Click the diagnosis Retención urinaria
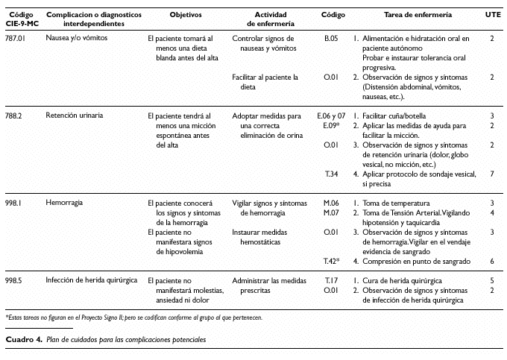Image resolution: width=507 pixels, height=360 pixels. point(74,116)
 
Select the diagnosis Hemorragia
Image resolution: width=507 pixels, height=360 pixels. point(64,202)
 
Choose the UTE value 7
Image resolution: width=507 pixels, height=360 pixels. point(492,174)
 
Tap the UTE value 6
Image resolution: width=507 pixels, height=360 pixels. point(492,261)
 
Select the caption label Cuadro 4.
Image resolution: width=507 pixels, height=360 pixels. point(23,339)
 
